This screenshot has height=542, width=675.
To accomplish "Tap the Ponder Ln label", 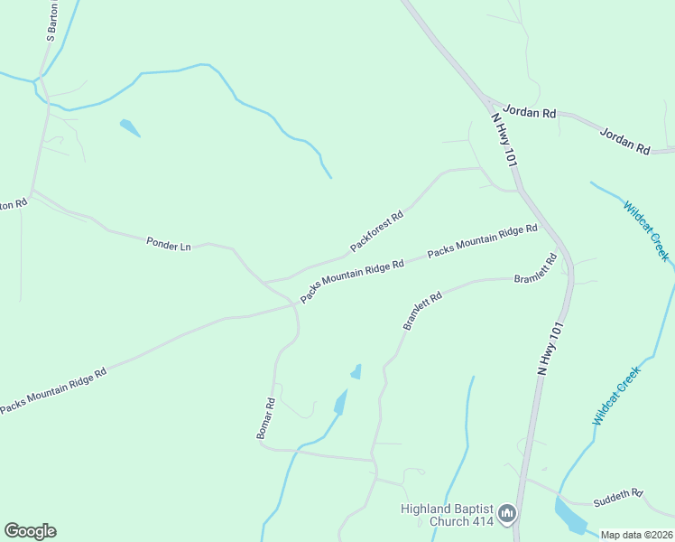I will pos(169,244).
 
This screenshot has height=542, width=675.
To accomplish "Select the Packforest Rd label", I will pos(376,231).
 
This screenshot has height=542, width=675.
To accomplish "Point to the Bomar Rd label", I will pos(264,419).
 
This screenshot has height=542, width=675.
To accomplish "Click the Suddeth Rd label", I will pos(618,497).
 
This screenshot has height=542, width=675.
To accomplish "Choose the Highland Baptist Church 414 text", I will pos(447,515).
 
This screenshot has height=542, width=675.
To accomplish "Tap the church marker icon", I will pos(507,515).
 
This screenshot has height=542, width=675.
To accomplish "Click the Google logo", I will pos(30,531).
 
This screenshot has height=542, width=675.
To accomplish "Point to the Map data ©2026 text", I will pos(637,535).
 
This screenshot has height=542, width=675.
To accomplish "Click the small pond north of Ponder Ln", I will pos(130,127).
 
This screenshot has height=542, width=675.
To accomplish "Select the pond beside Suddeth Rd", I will pos(569,517).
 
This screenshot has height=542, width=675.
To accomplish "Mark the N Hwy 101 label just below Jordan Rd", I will pos(503,138).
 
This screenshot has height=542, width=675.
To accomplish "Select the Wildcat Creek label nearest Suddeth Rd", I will pos(616,396).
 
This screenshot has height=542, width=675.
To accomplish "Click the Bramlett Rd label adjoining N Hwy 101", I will pos(536,269).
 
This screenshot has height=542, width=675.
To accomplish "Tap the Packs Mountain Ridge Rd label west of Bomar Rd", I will pos(53,390).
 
